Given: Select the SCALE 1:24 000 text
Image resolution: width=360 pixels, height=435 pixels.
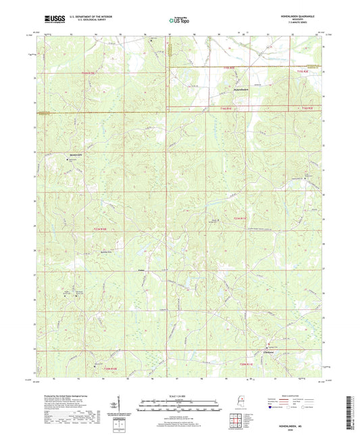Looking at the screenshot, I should click(x=180, y=396).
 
